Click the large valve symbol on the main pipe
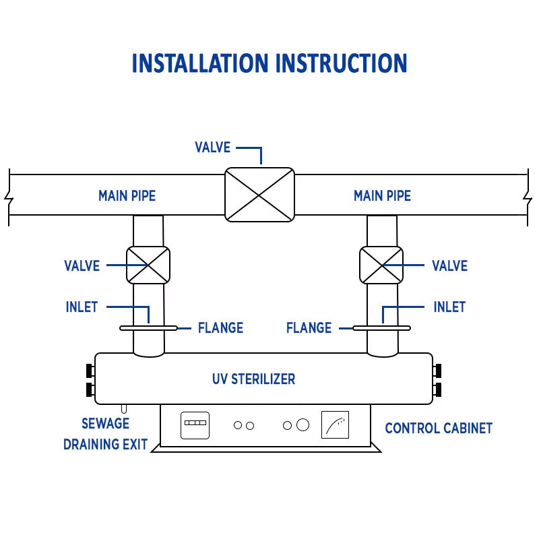point(259,194)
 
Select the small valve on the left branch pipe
point(148,265)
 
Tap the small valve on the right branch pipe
point(381,265)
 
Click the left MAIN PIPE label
point(127,196)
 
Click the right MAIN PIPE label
point(382,196)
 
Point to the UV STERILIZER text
point(253,379)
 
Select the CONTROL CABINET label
point(439,428)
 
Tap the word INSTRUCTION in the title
point(341,63)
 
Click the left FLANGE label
point(220,328)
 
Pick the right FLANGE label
point(309,328)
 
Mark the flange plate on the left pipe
point(148,328)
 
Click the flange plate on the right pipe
point(381,328)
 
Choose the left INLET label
point(82,307)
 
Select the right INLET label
point(449,307)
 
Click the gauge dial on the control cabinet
point(336,425)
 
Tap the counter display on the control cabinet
point(195,425)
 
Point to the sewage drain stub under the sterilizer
point(123,409)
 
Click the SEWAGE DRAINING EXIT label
point(105,434)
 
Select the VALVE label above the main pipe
point(212,148)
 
